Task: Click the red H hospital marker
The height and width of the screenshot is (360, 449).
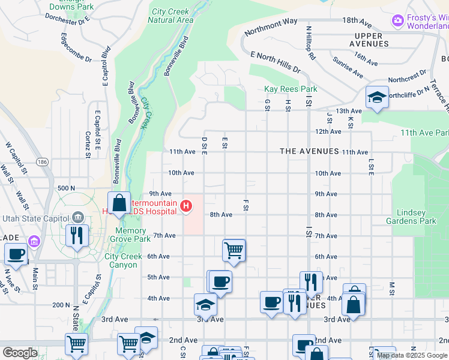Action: pos(186,206)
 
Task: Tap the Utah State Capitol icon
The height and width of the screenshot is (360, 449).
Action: pos(77,216)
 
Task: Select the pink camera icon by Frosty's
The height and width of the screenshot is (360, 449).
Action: pos(397,21)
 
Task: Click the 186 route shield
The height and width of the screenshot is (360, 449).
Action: pos(42,162)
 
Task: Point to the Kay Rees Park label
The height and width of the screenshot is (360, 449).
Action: pos(291,89)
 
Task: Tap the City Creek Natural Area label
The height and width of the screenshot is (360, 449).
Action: pos(172,16)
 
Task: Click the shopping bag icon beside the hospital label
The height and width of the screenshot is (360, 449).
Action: pos(119,203)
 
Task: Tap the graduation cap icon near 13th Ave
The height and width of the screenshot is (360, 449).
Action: pos(376,98)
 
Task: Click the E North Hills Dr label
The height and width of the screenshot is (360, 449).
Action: pos(276,62)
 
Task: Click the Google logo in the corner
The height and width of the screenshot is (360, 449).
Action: pos(19,352)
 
